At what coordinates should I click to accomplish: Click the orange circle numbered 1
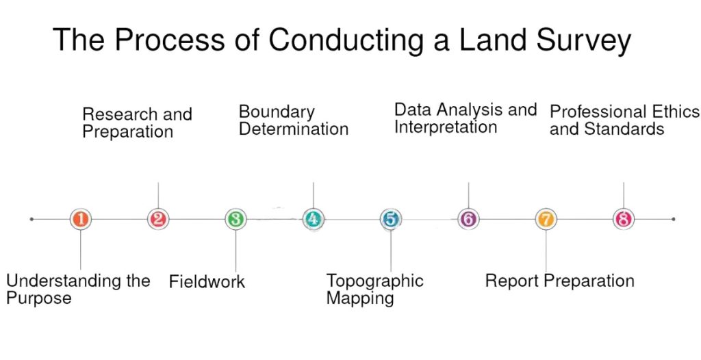(x=81, y=219)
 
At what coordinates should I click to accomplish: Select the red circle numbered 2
(x=158, y=219)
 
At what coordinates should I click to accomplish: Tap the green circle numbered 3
(x=235, y=219)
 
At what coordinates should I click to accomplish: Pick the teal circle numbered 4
(x=313, y=219)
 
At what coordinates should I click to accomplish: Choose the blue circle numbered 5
(x=391, y=219)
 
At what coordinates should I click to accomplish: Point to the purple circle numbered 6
(x=468, y=219)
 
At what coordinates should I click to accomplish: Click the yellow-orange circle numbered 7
(x=546, y=219)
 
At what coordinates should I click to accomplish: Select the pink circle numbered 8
(x=624, y=219)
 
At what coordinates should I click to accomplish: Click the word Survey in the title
(x=583, y=41)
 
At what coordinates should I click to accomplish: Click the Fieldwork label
(x=207, y=282)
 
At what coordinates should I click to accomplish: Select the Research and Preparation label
(x=137, y=123)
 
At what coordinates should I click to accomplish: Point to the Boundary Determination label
(x=293, y=120)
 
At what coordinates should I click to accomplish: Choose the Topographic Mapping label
(x=374, y=289)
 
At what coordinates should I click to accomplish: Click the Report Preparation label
(x=560, y=281)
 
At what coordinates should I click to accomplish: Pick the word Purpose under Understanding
(x=39, y=298)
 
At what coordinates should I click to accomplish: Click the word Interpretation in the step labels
(x=445, y=127)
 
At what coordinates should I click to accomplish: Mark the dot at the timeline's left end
(x=31, y=219)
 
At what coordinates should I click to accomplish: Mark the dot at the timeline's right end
(x=674, y=219)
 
